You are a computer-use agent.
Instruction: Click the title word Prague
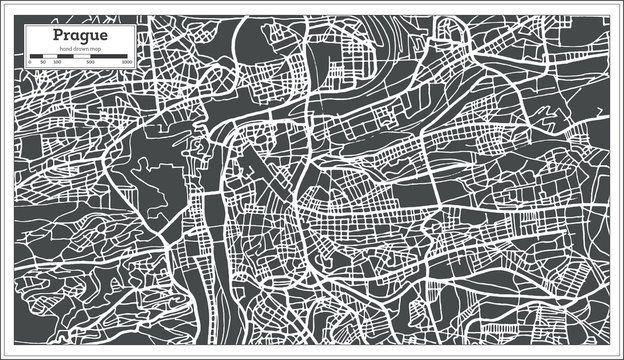(80, 36)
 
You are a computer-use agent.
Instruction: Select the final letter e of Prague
(103, 36)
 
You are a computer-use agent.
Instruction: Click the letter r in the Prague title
(68, 36)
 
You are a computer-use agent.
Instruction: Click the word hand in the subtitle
(65, 49)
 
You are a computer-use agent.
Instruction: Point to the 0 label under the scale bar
(30, 62)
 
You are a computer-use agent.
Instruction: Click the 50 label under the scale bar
(43, 62)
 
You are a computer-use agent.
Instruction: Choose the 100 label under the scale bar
(57, 62)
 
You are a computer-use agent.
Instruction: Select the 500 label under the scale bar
(90, 62)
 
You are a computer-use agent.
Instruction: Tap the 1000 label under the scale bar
(126, 62)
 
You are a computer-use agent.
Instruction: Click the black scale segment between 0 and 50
(36, 56)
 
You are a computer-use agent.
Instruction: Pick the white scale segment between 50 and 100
(50, 56)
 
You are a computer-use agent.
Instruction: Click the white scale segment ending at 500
(82, 56)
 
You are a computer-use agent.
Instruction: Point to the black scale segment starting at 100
(65, 56)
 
